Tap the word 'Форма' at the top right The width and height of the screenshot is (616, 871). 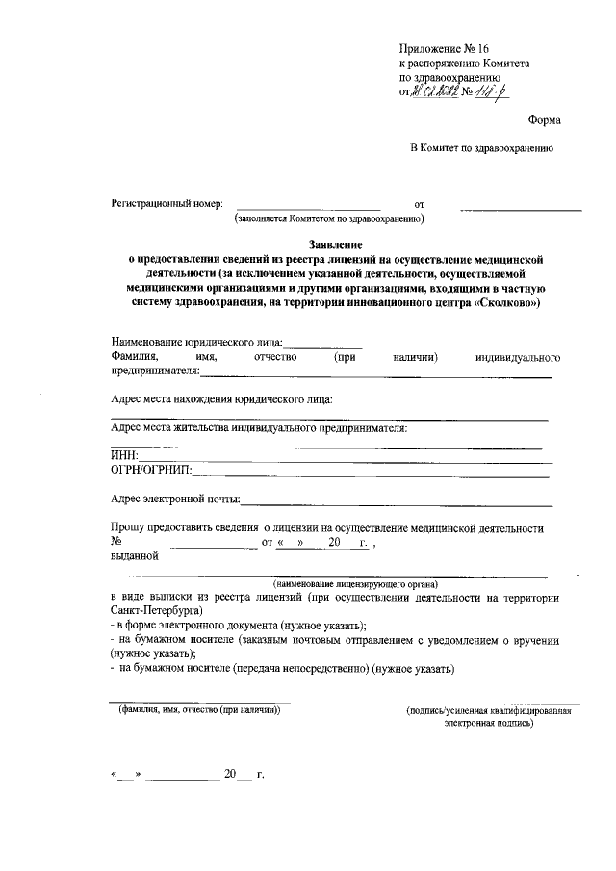(546, 120)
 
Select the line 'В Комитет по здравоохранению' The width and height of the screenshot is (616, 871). (481, 149)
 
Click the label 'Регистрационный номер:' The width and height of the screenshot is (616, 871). (167, 204)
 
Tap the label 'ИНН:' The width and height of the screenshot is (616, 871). (125, 455)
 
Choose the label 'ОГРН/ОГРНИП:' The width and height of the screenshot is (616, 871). (151, 470)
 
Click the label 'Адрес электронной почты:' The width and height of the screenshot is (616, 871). (176, 499)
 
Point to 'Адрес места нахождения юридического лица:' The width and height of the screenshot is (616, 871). (222, 399)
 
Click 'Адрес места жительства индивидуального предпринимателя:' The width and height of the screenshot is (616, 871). (259, 427)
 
